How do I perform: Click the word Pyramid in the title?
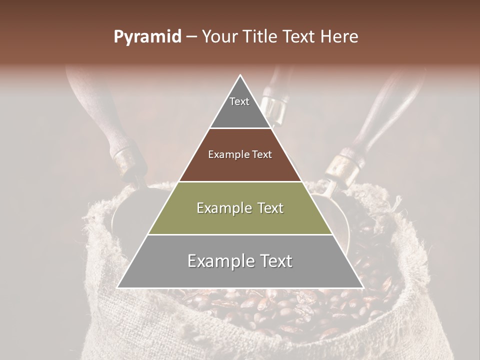click(147, 37)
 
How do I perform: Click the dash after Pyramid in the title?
click(191, 37)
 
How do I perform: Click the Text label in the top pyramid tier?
click(239, 101)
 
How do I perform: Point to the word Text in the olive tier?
click(267, 208)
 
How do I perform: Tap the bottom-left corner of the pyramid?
click(118, 287)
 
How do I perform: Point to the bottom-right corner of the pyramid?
click(362, 287)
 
